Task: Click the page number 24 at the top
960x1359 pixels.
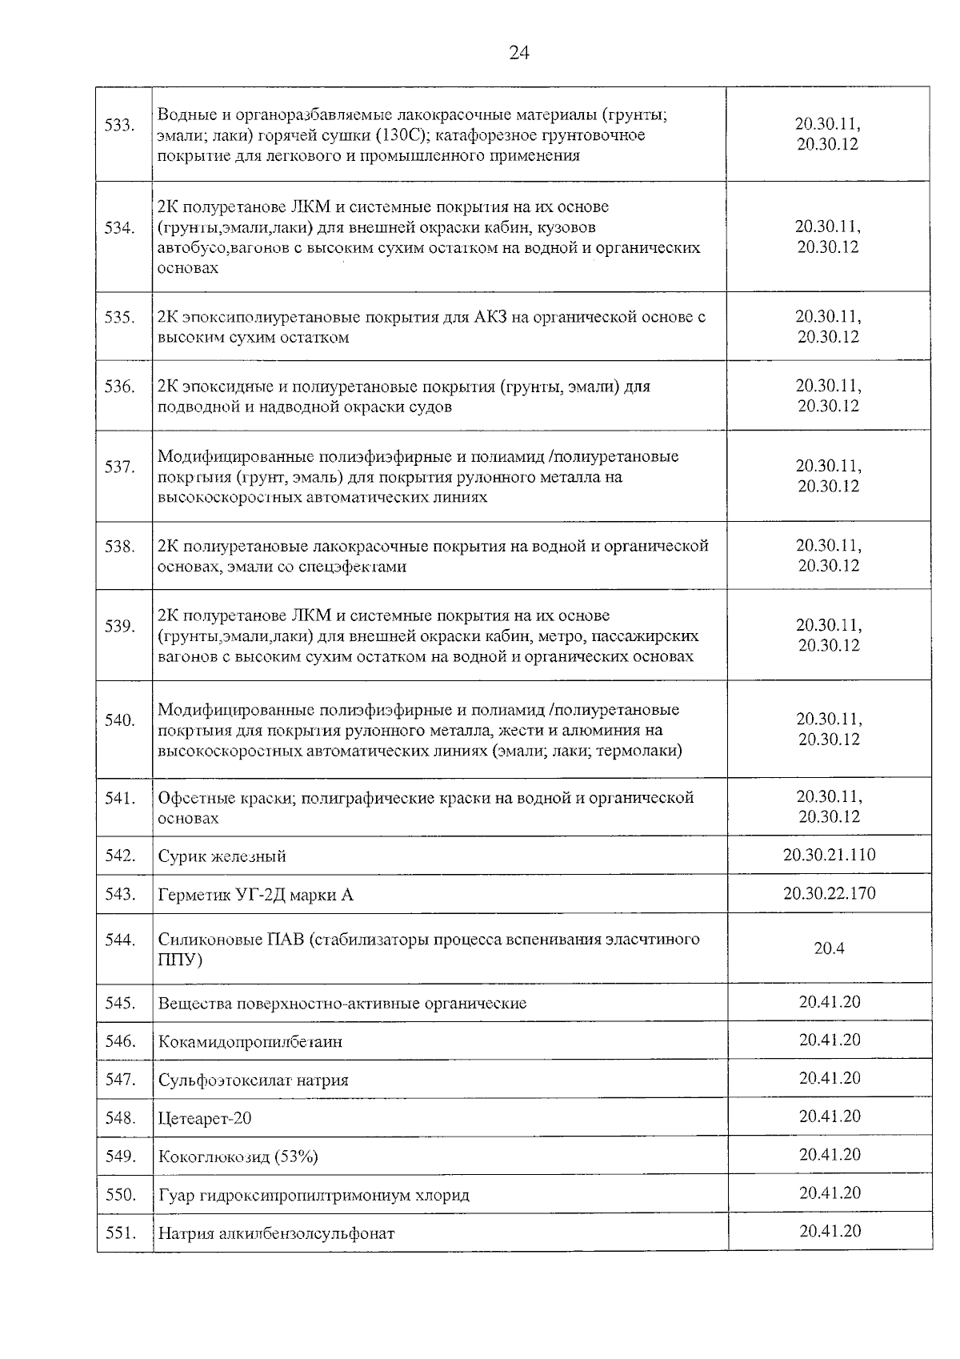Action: (518, 54)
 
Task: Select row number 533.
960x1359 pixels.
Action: (120, 125)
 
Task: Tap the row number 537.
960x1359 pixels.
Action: (120, 467)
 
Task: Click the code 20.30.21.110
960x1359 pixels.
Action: (829, 855)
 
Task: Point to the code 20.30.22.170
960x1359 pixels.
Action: (829, 893)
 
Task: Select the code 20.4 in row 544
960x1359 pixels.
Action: (829, 948)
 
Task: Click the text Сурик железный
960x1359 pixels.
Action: (222, 856)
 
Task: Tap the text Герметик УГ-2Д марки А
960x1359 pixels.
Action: (255, 895)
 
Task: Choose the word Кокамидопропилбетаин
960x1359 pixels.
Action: (250, 1042)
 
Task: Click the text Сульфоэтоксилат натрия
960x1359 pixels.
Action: (253, 1080)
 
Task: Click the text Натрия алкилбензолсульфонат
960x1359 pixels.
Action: (276, 1233)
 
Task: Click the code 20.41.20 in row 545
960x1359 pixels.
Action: (829, 1002)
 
